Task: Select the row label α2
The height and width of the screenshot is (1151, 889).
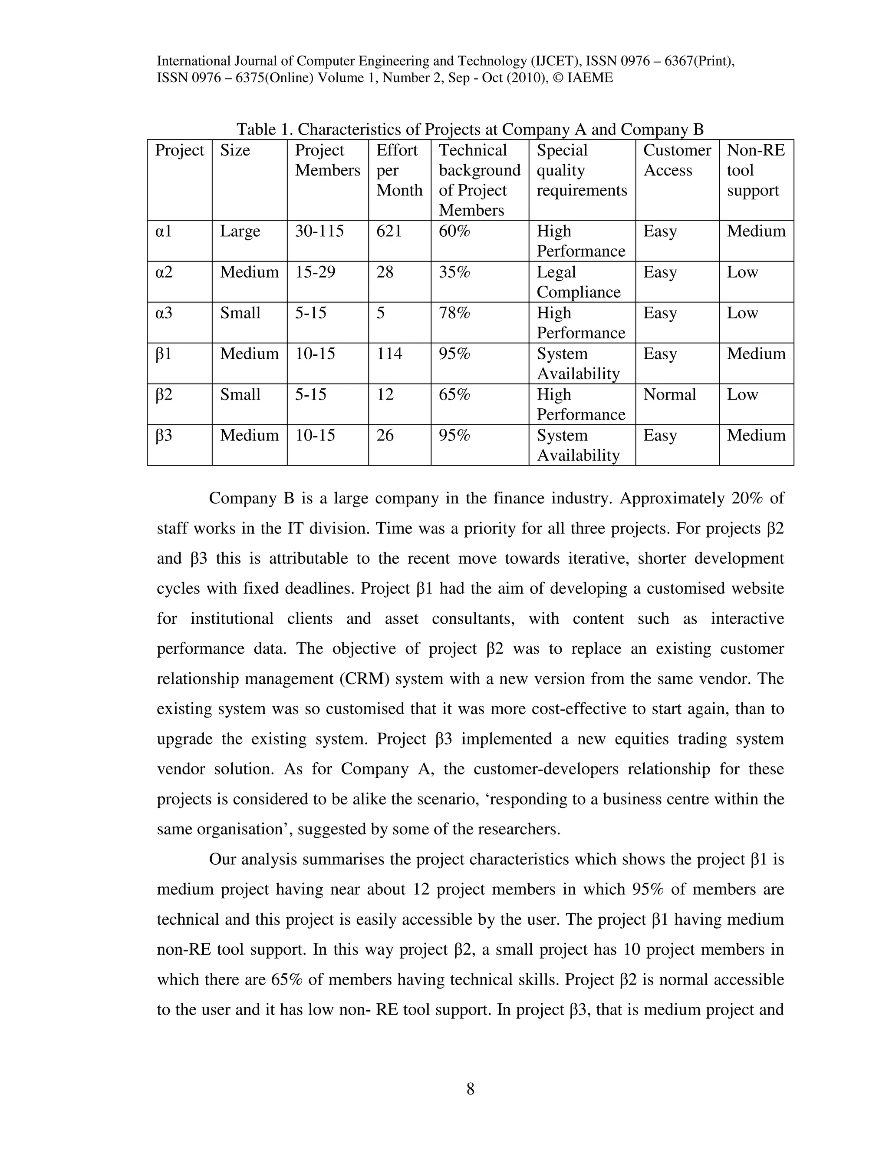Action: tap(164, 272)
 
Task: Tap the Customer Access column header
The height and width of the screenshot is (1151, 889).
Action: tap(677, 160)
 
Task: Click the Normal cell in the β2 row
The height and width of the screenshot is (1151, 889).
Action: tap(669, 395)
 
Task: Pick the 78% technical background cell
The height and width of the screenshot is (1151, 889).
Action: tap(454, 313)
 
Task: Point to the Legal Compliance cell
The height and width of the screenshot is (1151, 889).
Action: tap(578, 282)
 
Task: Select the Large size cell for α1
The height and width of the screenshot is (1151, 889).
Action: tap(240, 232)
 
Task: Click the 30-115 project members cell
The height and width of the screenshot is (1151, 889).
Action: tap(319, 232)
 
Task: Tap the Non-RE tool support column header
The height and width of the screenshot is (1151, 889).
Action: tap(755, 170)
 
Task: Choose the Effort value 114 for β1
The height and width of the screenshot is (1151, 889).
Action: tap(389, 354)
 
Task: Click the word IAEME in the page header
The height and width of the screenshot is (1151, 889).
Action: tap(590, 78)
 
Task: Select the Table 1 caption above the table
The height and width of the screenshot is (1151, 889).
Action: tap(470, 129)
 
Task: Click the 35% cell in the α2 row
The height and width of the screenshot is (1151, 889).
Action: tap(454, 272)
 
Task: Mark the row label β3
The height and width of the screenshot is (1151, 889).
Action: tap(164, 436)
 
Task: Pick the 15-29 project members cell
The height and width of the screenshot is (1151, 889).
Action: tap(315, 272)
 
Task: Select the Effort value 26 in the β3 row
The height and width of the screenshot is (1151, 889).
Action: tap(385, 436)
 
